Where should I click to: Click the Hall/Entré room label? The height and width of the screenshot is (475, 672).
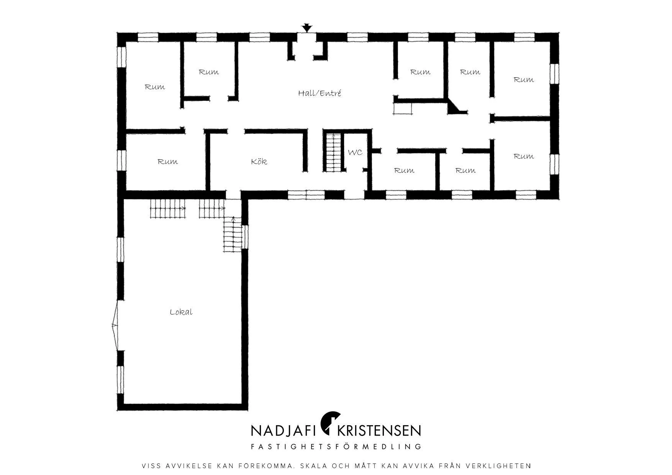320,93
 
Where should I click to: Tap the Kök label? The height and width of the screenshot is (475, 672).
259,161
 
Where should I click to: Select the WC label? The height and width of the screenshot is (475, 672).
355,152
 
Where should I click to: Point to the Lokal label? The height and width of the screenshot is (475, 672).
181,312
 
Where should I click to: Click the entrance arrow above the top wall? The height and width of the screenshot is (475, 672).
306,28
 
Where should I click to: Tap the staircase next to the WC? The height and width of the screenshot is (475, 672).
333,152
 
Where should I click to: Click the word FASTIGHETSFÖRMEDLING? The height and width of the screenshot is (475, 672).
336,447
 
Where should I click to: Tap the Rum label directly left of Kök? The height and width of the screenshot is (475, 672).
167,162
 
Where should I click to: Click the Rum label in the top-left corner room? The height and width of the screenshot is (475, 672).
155,87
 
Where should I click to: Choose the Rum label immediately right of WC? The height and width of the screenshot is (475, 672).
404,170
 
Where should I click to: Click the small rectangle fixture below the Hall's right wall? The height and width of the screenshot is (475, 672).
403,109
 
